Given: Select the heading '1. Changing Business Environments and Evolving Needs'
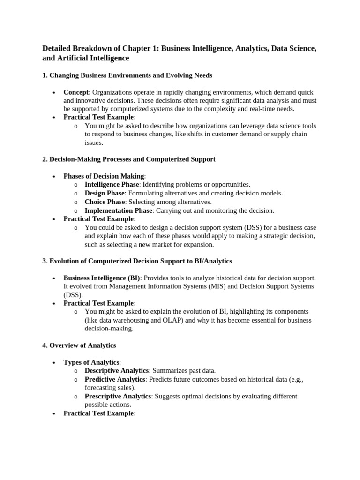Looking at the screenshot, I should (x=127, y=75).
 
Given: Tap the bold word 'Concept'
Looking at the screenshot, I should (x=75, y=92).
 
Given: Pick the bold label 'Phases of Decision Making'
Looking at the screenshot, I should (x=104, y=176).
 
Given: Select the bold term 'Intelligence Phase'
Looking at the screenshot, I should (x=112, y=185).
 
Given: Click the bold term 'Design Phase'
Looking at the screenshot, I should (x=104, y=193).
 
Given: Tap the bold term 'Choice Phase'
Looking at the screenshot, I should (x=105, y=202).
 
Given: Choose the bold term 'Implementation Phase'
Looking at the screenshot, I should (x=118, y=210).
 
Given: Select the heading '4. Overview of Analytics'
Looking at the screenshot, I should (x=79, y=345).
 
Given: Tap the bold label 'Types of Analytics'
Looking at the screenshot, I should (x=91, y=362).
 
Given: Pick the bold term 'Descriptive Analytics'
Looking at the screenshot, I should (x=117, y=371).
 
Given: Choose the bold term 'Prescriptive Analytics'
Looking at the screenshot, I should (x=118, y=396).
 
